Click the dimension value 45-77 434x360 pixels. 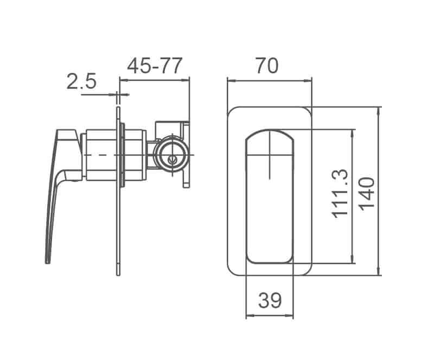click(x=155, y=66)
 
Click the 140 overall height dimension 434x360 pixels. click(x=367, y=193)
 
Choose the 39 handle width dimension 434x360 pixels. click(x=270, y=300)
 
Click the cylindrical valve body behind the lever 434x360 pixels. click(x=101, y=155)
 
